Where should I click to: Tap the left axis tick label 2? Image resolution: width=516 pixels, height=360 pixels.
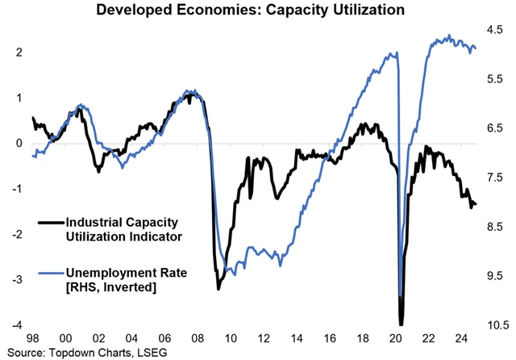coord(18,52)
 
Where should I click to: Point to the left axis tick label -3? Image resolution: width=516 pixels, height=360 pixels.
coord(15,280)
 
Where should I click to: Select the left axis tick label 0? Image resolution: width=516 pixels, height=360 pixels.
coord(18,143)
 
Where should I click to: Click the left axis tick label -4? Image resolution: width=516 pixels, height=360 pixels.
coord(15,325)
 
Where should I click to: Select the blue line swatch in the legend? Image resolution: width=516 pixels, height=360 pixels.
coord(50,274)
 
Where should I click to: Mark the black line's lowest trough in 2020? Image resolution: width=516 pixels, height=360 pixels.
coord(400,323)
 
